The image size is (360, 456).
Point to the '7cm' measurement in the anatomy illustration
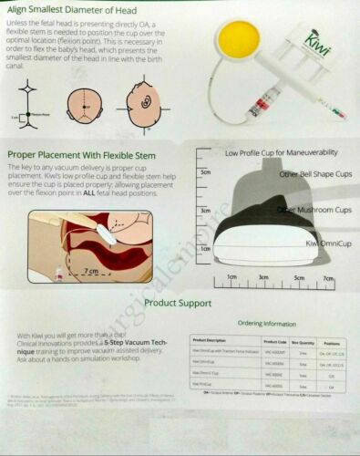click(88, 271)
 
